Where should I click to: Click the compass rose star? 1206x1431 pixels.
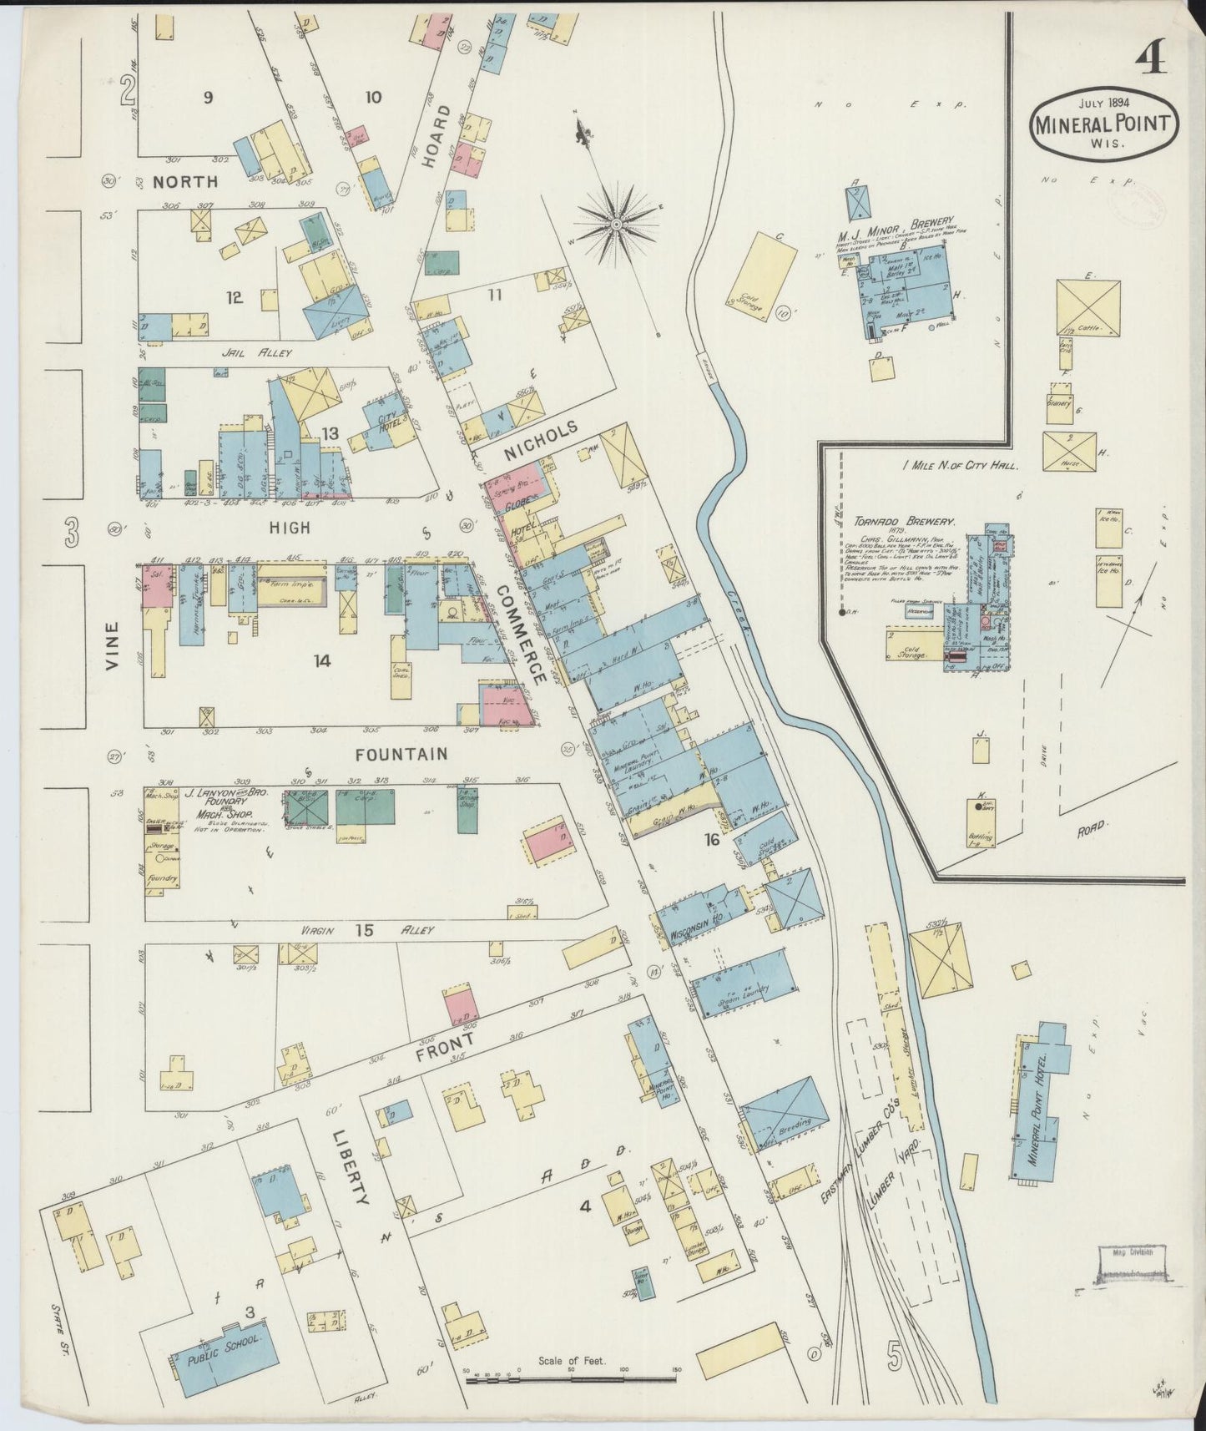point(616,224)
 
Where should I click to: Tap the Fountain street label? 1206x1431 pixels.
point(401,754)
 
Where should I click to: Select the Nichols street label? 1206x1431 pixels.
point(541,440)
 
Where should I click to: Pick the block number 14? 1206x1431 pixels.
point(322,660)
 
